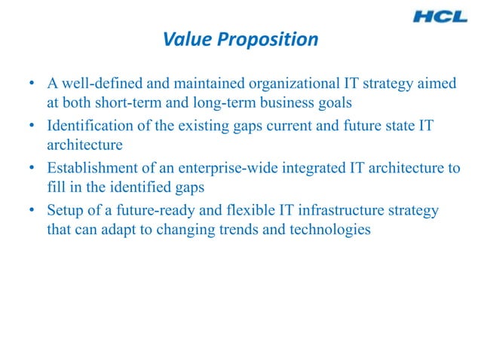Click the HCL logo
point(443,16)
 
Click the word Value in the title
point(185,40)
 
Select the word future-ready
point(136,209)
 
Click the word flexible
point(223,209)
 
